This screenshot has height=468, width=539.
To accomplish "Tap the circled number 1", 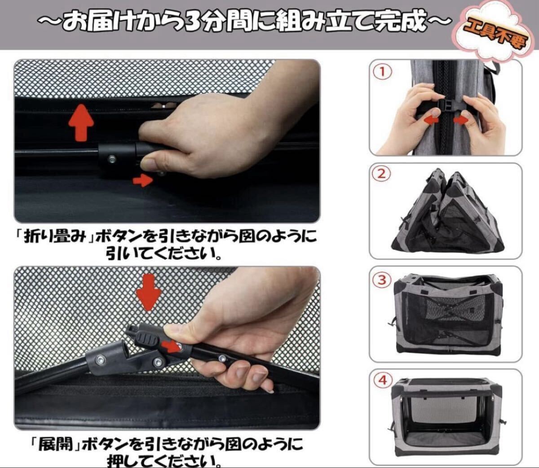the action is tap(382, 72).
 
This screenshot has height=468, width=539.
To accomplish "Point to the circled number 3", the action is tap(382, 280).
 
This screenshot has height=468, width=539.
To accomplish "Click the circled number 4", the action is tap(383, 381).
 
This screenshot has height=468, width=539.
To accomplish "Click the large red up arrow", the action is tap(81, 122).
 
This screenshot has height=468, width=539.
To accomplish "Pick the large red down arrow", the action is tap(149, 292).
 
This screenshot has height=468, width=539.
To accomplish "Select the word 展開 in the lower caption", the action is tap(55, 445).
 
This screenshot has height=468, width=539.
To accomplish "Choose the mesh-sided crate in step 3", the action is tap(449, 313).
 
